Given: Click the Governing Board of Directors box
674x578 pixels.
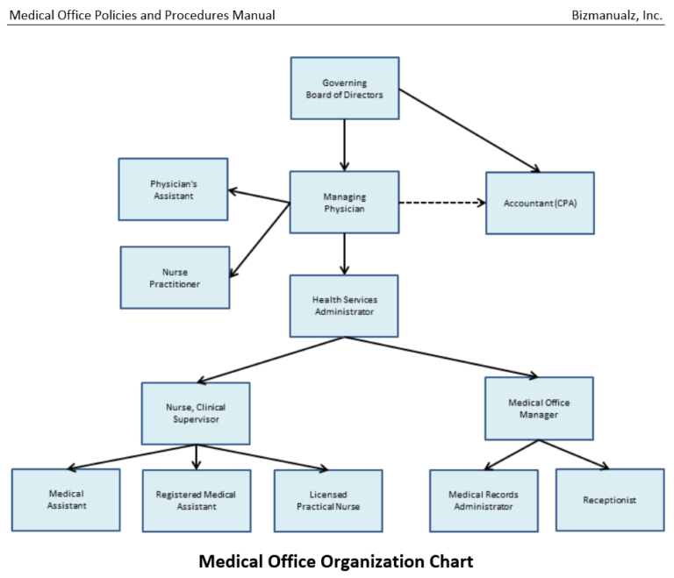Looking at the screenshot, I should pyautogui.click(x=344, y=89).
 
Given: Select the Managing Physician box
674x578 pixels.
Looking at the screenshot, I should pyautogui.click(x=344, y=203).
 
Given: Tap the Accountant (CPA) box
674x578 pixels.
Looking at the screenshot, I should pyautogui.click(x=540, y=203).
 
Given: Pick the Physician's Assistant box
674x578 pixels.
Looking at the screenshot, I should pyautogui.click(x=173, y=189).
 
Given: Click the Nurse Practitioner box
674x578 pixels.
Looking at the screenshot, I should pyautogui.click(x=175, y=277).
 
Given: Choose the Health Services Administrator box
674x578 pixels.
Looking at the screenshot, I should pyautogui.click(x=344, y=305).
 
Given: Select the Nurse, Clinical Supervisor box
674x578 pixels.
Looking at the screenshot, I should pyautogui.click(x=196, y=413).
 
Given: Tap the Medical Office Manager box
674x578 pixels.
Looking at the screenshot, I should pyautogui.click(x=539, y=409).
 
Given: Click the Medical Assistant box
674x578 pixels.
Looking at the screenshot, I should pyautogui.click(x=66, y=500).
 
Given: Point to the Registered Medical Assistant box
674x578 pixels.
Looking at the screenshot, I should pyautogui.click(x=197, y=501).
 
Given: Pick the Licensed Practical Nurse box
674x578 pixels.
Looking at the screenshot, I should pyautogui.click(x=327, y=501).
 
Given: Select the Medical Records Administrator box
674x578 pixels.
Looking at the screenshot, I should pyautogui.click(x=484, y=501).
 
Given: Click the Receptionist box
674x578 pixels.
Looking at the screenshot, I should pyautogui.click(x=609, y=500).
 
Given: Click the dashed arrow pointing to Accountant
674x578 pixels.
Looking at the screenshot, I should pyautogui.click(x=441, y=203).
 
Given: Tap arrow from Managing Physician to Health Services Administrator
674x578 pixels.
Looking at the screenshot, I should pyautogui.click(x=344, y=254).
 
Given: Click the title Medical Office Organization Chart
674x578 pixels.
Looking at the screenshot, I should pyautogui.click(x=336, y=560).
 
